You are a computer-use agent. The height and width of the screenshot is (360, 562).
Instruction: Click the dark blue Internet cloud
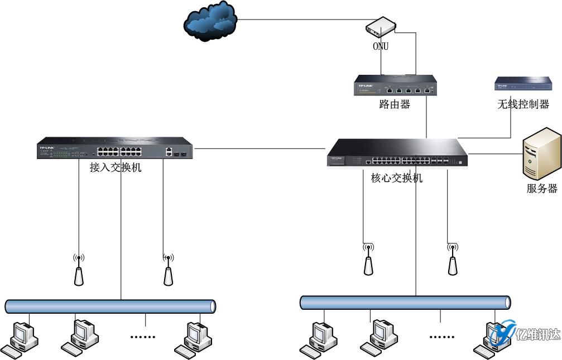click(210, 22)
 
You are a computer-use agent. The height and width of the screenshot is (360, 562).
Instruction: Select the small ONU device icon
click(381, 27)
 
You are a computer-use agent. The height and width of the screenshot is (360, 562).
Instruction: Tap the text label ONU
click(381, 46)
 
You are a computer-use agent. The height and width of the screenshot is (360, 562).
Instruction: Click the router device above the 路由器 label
click(395, 85)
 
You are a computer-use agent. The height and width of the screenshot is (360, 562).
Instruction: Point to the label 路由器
click(395, 104)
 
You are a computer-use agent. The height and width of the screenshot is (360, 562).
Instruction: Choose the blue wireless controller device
click(523, 84)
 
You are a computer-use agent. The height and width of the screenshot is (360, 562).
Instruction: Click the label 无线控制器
click(523, 104)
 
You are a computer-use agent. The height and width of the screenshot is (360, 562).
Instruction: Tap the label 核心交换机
click(397, 179)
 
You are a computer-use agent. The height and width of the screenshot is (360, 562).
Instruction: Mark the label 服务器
click(542, 189)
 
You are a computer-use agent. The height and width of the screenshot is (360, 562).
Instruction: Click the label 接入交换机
click(116, 167)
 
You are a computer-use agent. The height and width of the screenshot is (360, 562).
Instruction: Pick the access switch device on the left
click(115, 149)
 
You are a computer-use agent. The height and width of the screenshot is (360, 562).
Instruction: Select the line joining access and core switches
click(260, 149)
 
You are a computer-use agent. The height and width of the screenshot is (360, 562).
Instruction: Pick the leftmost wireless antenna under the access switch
click(79, 270)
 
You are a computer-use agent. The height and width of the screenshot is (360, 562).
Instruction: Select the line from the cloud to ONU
click(301, 20)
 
